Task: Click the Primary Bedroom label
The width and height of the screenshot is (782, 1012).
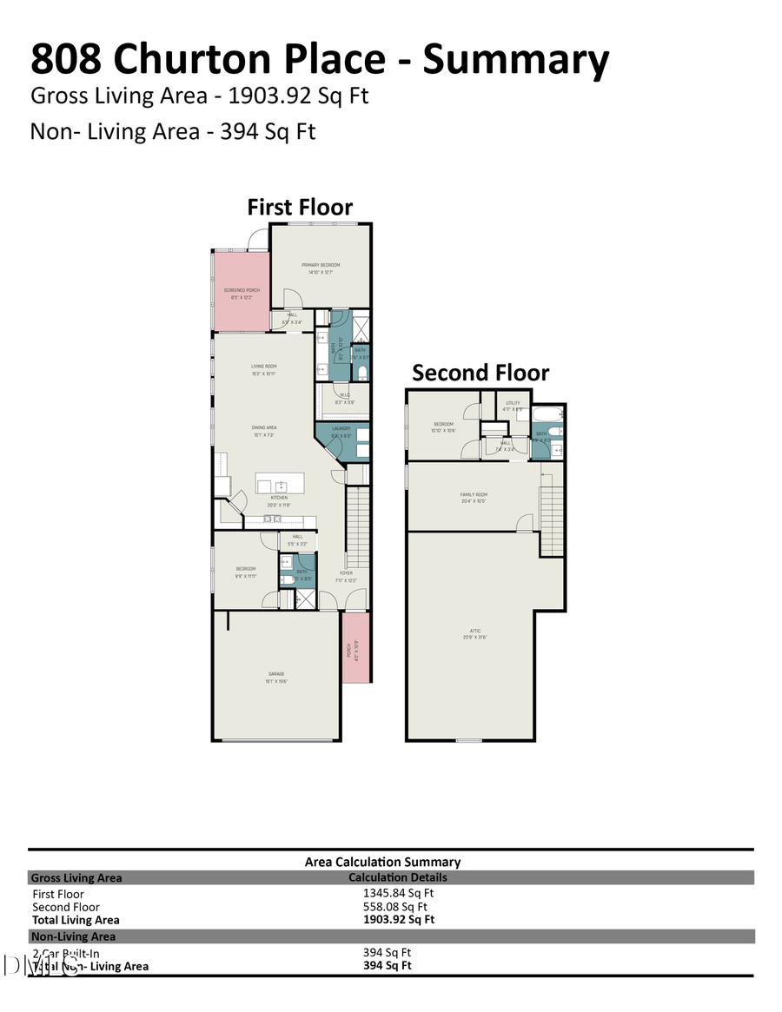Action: pos(321,265)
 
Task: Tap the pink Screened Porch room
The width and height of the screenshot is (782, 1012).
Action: pos(241,292)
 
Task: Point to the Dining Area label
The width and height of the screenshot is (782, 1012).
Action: pos(263,427)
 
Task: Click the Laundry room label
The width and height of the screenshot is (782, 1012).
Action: pos(341,428)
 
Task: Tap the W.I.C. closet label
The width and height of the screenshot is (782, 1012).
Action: pos(344,397)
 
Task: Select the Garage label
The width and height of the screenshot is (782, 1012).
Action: pos(276,674)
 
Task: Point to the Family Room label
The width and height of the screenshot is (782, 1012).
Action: pos(474,496)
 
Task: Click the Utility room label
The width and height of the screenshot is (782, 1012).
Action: pos(513,403)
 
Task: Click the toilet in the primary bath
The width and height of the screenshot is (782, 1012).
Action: pos(362,373)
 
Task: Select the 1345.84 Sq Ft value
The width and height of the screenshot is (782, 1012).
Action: pos(398,892)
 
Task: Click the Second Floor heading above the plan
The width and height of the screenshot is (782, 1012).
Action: pos(480,373)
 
